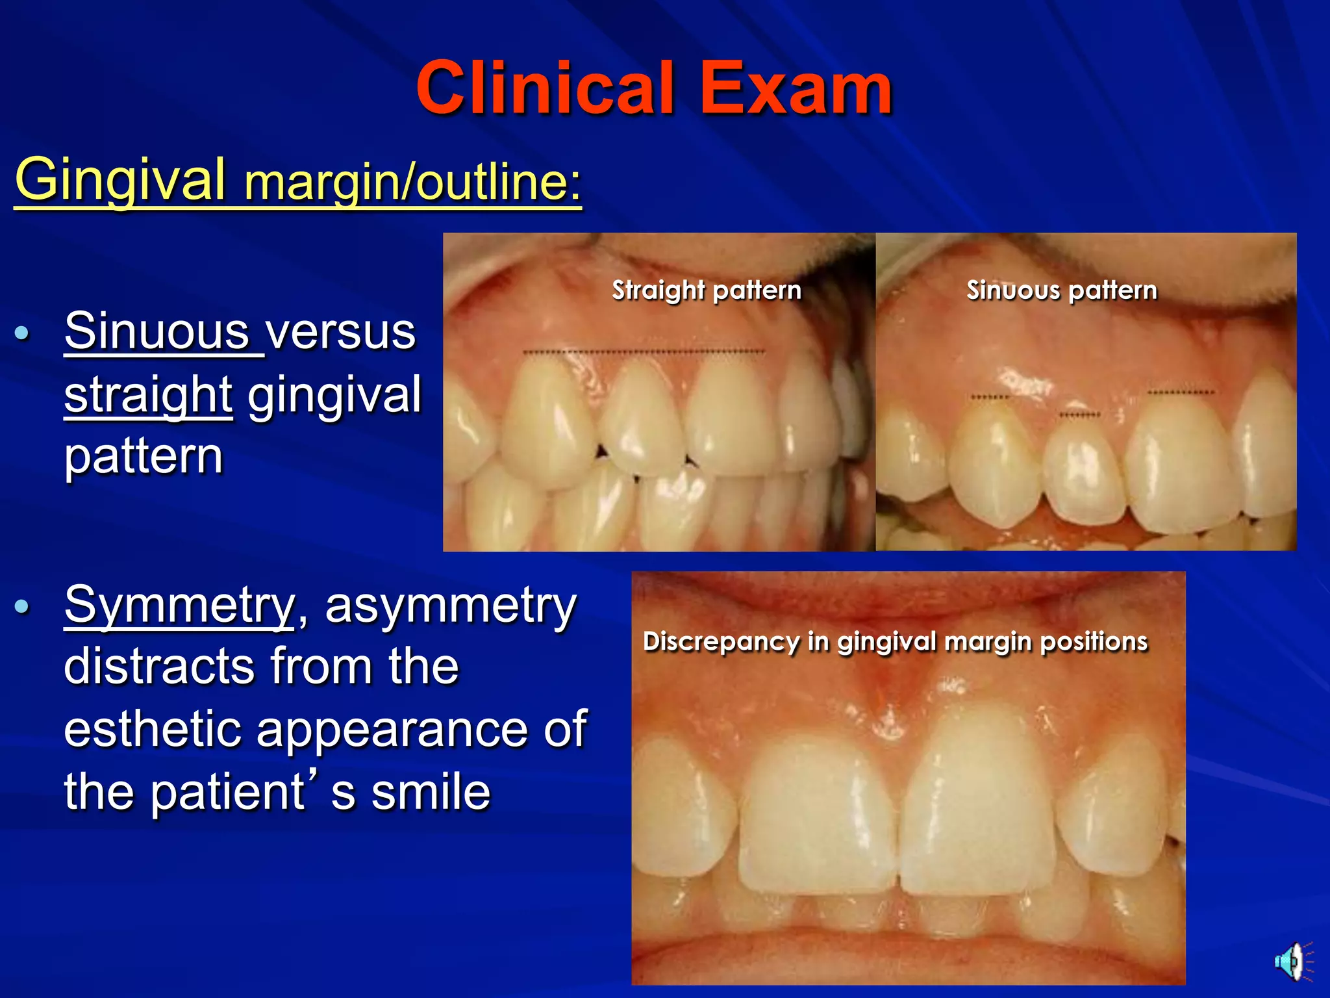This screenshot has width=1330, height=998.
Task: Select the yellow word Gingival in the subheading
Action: tap(121, 180)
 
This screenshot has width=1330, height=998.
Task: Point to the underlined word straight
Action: tap(148, 394)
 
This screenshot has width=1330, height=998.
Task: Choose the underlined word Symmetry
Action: tap(179, 605)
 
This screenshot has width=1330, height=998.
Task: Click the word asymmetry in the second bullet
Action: tap(450, 605)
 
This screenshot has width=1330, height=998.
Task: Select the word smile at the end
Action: tap(431, 792)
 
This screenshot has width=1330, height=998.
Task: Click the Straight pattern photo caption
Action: tap(707, 290)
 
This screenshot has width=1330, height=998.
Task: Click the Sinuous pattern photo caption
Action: tap(1062, 290)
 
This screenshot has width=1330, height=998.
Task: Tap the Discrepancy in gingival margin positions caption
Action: tap(896, 641)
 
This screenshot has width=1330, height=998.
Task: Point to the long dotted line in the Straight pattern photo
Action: tap(644, 352)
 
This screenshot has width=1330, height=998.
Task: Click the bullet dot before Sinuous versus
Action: tap(22, 333)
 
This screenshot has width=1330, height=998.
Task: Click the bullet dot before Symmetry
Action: tap(22, 607)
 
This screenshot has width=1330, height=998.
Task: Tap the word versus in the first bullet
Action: tap(341, 331)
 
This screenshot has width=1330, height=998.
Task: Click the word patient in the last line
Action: tap(227, 792)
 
